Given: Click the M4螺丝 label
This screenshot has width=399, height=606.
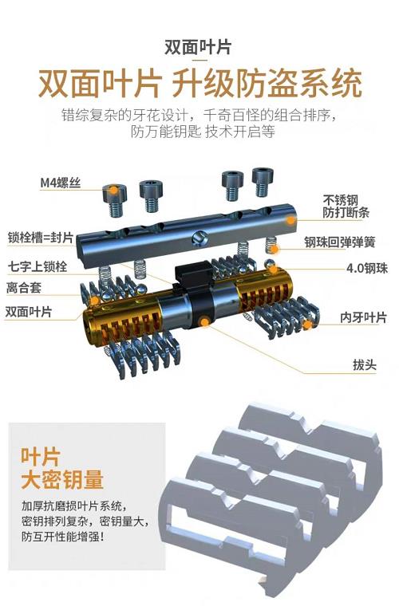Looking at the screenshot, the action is coord(61,182).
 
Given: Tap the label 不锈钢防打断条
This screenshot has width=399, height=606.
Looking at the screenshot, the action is coord(346,207).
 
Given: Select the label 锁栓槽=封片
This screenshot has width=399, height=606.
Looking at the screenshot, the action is coord(41,238).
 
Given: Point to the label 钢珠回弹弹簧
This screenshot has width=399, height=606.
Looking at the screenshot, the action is coord(340,242).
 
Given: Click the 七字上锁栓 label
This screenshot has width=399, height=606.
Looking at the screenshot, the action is coord(38,266).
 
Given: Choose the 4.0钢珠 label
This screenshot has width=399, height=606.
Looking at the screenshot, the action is coord(366,268).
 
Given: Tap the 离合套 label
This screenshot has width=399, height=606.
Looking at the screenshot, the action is coord(24,288).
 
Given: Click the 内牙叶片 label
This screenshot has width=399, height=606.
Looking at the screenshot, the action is coord(363,317).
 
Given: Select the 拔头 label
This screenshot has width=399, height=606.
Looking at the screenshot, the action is coord(365,365).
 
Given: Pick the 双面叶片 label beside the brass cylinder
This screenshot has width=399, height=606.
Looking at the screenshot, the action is coord(29,312).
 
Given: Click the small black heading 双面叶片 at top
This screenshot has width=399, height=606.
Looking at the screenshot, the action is coord(199,47).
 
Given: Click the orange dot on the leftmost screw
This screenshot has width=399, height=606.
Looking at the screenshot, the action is coord(113,190).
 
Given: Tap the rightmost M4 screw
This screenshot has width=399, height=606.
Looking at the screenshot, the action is coord(263,182).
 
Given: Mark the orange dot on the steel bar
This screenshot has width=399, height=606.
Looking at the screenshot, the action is coord(290,220).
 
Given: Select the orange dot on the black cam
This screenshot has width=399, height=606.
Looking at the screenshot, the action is coord(204,321).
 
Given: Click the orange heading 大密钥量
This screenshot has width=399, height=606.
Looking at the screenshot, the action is coord(62,480).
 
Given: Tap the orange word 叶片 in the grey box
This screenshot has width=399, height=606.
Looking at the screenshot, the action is coord(41,456).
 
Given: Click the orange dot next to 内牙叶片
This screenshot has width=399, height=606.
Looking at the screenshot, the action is coord(307,325).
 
